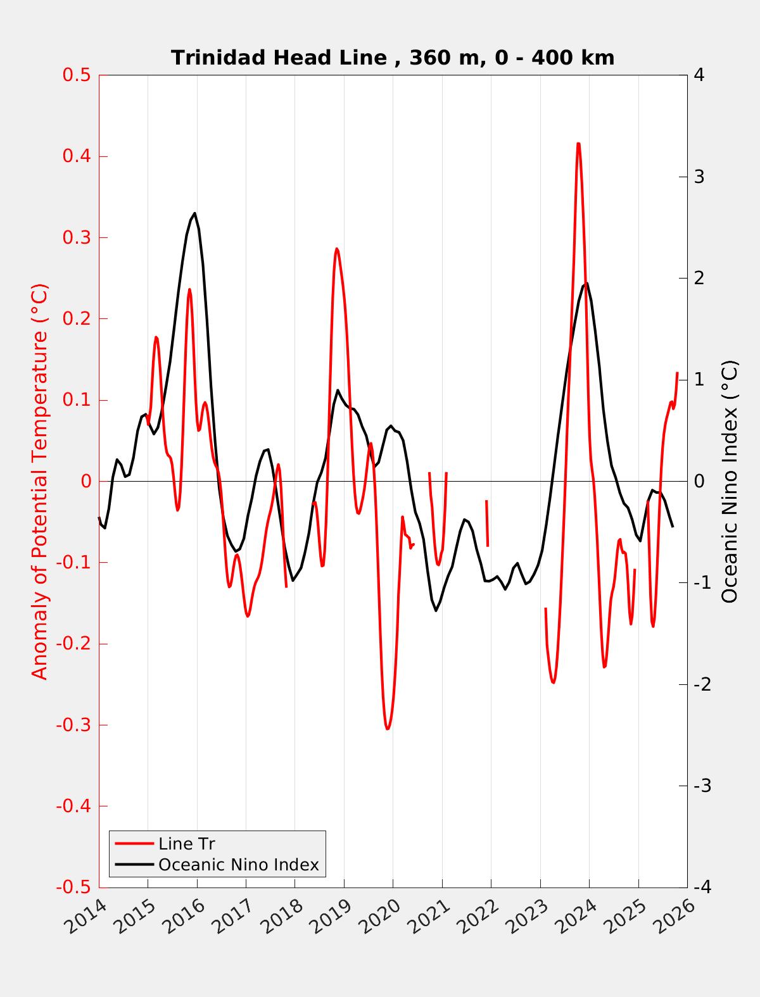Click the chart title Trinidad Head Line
point(393,58)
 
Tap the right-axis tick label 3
point(699,177)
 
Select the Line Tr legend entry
point(186,844)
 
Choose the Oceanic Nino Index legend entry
point(238,864)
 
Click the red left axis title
point(39,481)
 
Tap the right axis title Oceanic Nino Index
point(730,481)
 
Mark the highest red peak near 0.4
point(578,144)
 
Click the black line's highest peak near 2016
point(194,213)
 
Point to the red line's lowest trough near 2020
point(387,729)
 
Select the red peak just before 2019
point(336,249)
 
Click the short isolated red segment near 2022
point(487,523)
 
